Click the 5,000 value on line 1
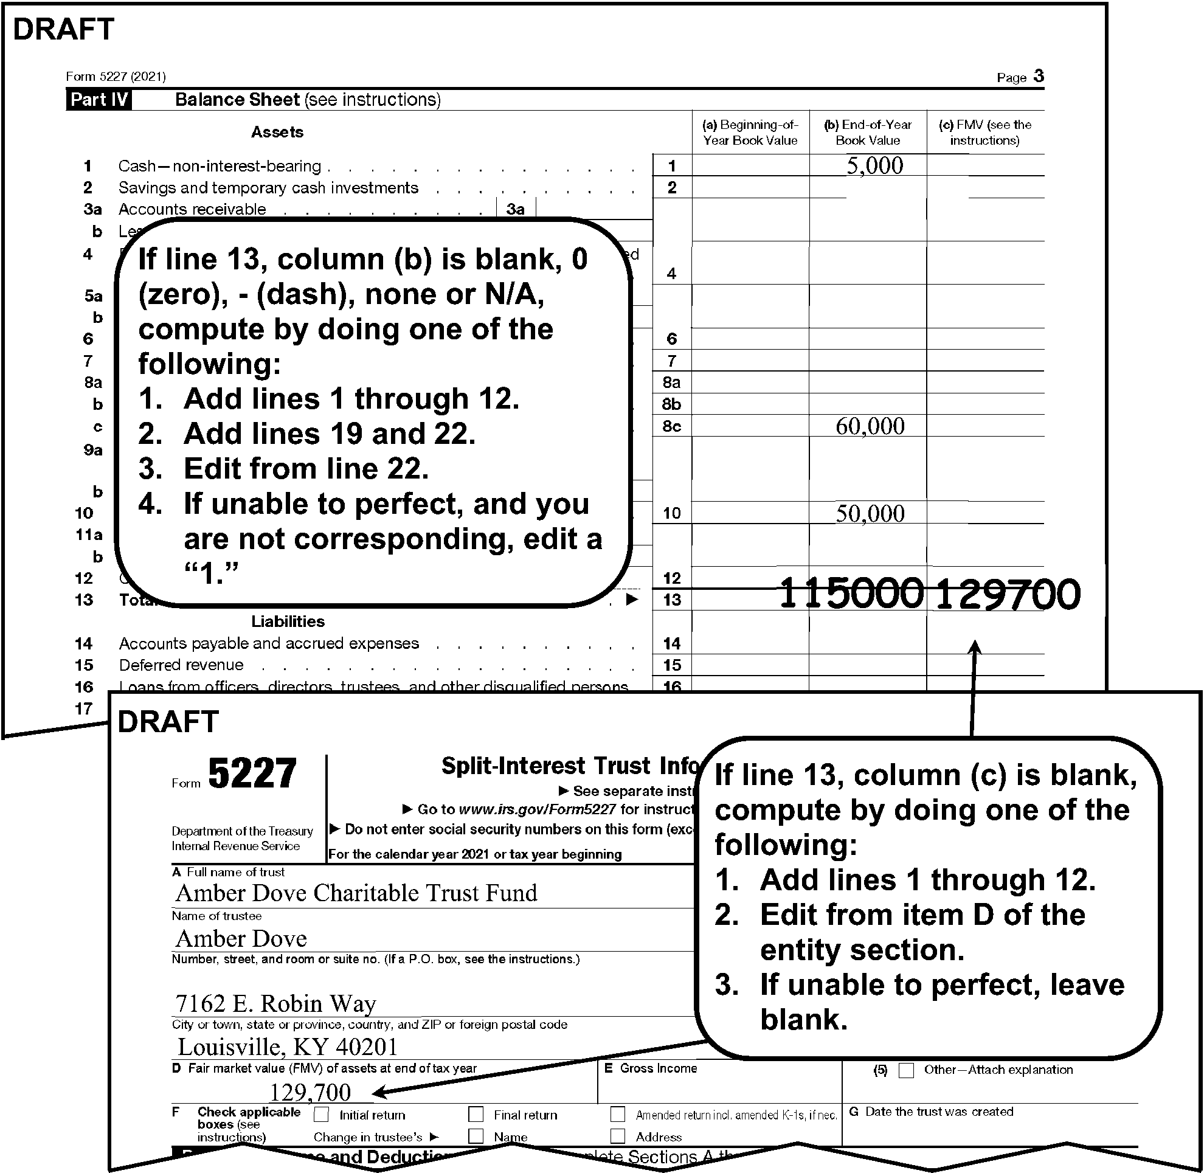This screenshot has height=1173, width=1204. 874,165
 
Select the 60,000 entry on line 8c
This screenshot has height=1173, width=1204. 870,426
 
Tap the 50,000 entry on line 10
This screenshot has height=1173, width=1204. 870,513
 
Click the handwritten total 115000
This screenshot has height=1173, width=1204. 851,593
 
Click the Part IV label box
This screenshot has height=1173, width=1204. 99,100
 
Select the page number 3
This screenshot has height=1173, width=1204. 1038,76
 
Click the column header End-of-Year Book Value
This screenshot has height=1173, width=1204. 867,133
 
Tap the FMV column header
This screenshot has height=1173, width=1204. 984,133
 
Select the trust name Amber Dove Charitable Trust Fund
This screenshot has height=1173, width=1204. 356,893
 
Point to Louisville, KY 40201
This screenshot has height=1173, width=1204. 287,1047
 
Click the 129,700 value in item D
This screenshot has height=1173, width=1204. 310,1092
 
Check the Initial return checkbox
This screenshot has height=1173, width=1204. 321,1115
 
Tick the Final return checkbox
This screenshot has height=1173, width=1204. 476,1115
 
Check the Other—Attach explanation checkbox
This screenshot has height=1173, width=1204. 906,1070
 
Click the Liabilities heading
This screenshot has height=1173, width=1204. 288,621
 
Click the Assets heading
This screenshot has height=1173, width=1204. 277,132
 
